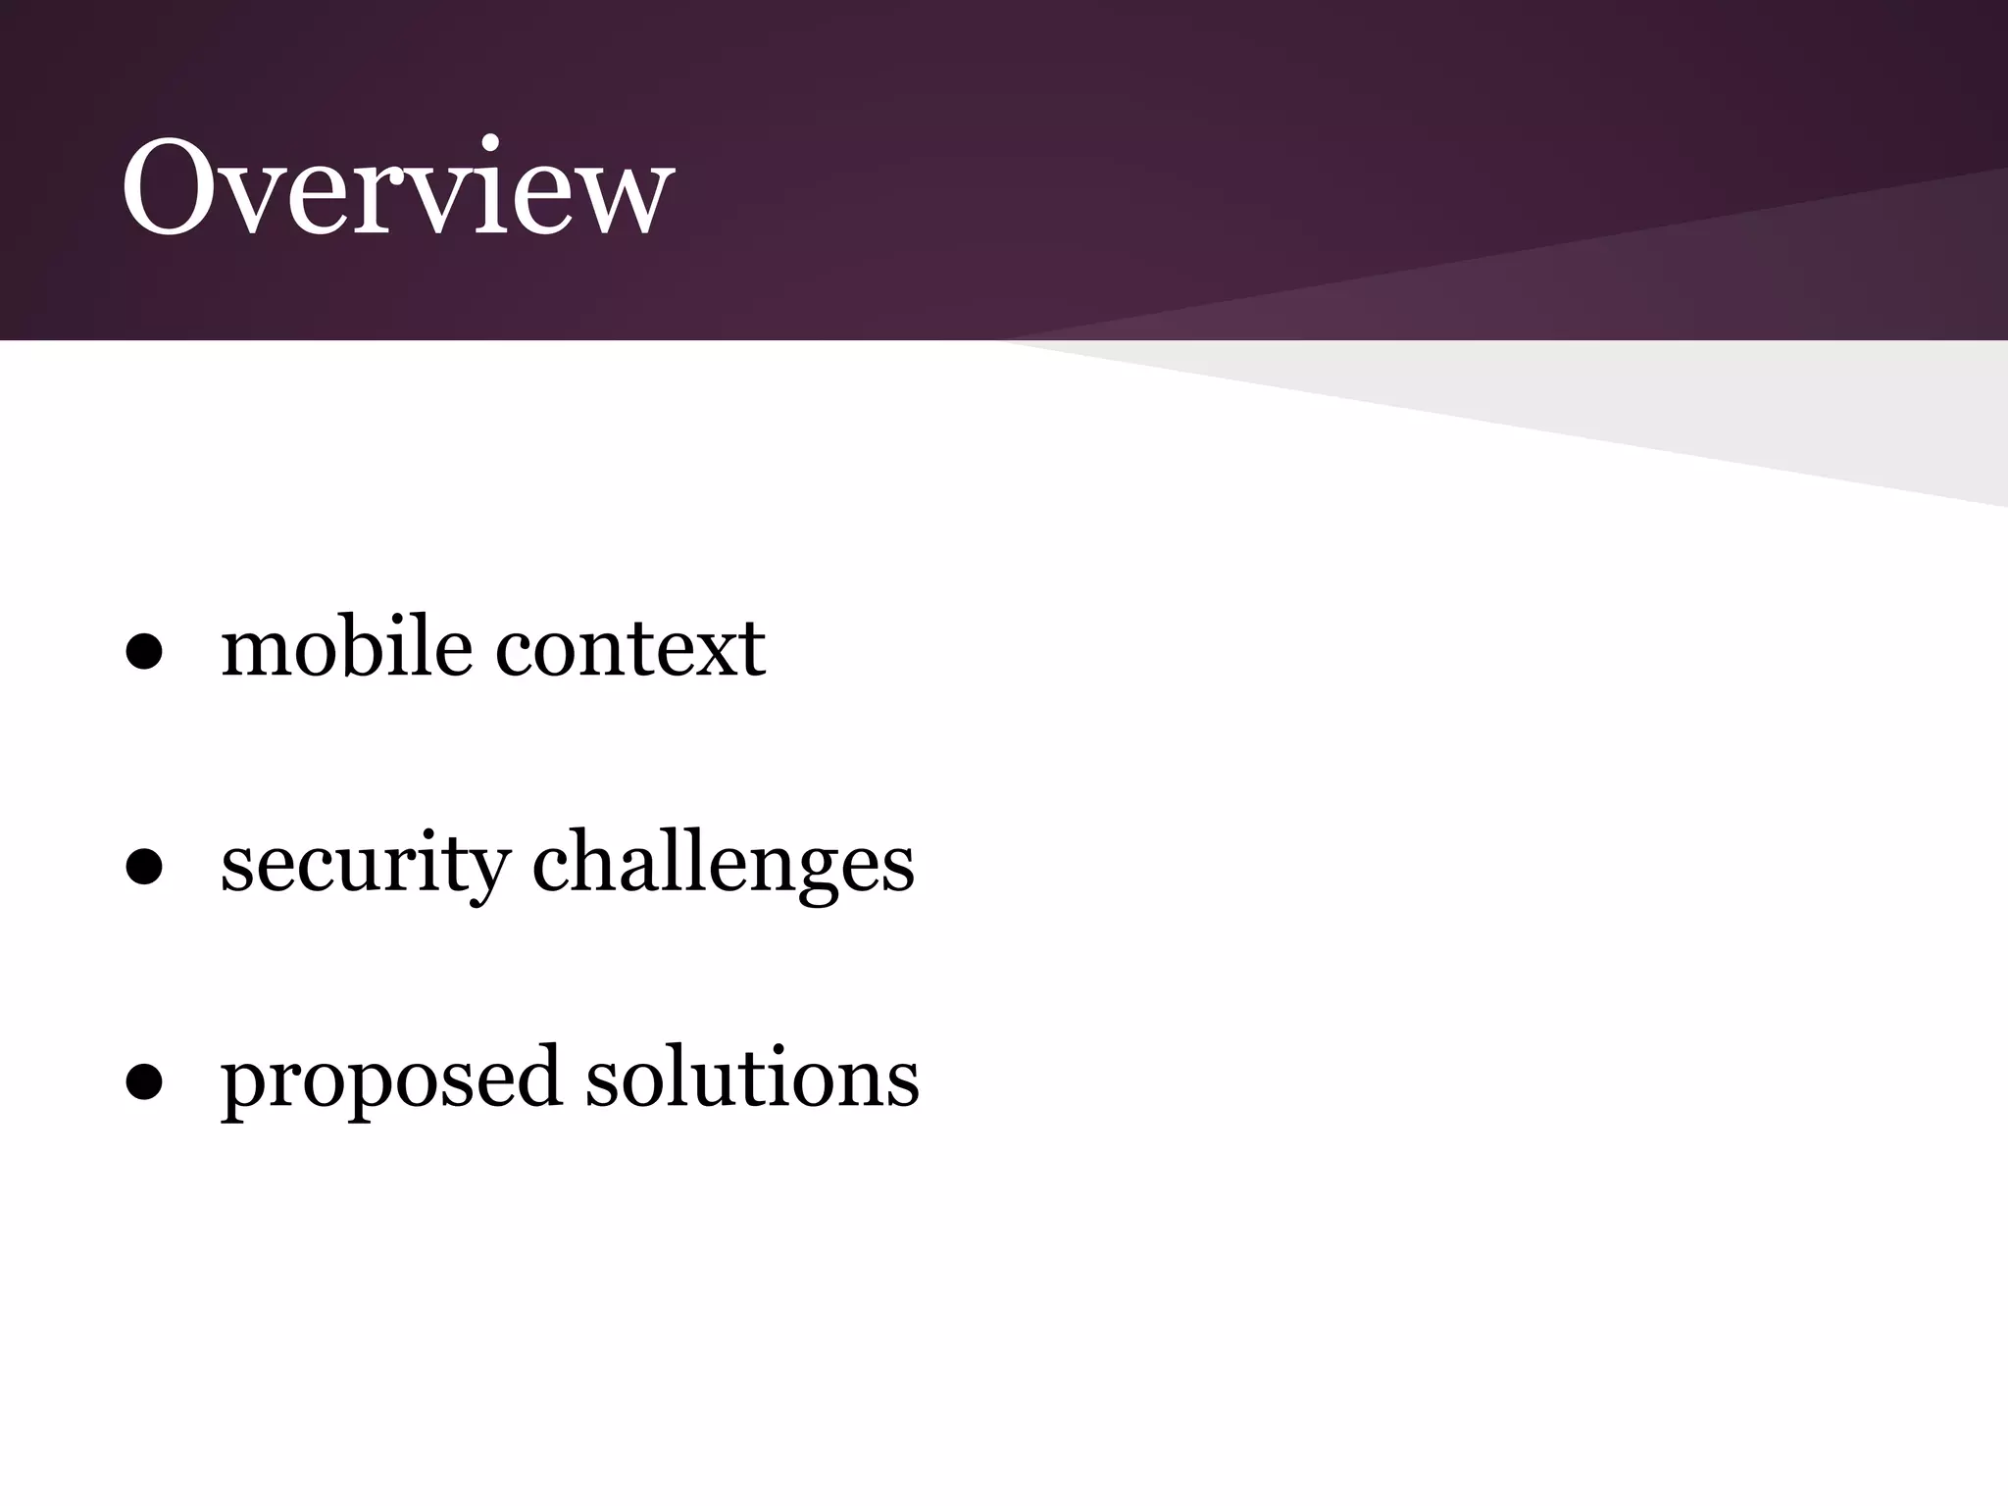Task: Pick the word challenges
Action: pos(724,863)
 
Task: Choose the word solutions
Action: pos(752,1077)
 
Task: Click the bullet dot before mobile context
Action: pos(144,653)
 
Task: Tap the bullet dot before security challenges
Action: pos(144,868)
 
